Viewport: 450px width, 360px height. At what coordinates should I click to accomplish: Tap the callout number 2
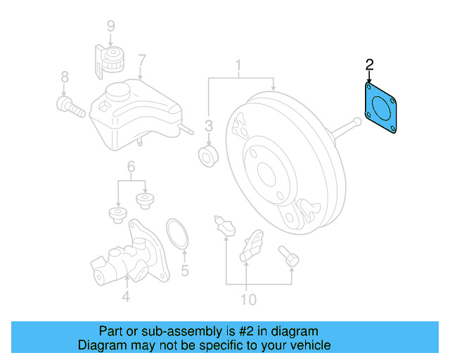tap(369, 66)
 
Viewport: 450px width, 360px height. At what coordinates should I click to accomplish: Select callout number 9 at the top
tap(110, 27)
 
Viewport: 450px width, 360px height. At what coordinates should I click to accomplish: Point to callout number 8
tap(64, 77)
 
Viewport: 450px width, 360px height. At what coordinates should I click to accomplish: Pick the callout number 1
tap(238, 67)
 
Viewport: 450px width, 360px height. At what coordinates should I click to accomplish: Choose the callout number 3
tap(209, 126)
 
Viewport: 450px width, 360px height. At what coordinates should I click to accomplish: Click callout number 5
tap(185, 269)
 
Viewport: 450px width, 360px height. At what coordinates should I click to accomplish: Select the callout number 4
tap(125, 297)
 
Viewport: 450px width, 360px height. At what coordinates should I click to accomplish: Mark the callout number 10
tap(248, 300)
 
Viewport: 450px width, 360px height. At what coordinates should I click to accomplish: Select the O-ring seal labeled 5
tap(176, 233)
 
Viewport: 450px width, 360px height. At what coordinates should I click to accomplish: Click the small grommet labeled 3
tap(209, 156)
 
